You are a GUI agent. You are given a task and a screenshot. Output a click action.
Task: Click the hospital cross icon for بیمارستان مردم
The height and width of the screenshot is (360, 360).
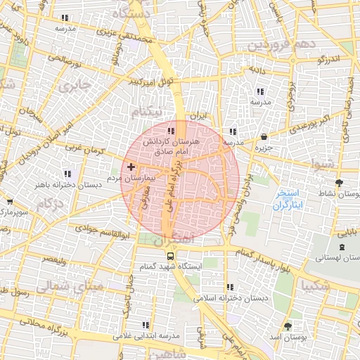point(131,167)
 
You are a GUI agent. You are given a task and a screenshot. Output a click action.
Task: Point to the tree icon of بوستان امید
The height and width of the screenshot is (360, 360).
point(288,327)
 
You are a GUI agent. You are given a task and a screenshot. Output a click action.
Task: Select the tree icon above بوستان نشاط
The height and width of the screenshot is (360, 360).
point(340,182)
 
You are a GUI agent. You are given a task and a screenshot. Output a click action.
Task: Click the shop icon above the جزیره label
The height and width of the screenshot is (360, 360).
point(263,137)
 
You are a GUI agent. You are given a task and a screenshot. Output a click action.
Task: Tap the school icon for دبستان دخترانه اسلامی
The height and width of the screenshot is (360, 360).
point(230,287)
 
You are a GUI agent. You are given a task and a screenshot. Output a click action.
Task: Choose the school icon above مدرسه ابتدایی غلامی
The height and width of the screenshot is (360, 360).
point(145,326)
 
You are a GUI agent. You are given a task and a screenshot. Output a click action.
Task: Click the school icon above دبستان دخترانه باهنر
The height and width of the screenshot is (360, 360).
point(67,173)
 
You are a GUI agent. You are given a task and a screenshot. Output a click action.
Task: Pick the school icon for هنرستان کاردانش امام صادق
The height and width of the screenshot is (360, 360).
point(171,131)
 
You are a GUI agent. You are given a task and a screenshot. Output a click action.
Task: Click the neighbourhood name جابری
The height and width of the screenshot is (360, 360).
point(75,88)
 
